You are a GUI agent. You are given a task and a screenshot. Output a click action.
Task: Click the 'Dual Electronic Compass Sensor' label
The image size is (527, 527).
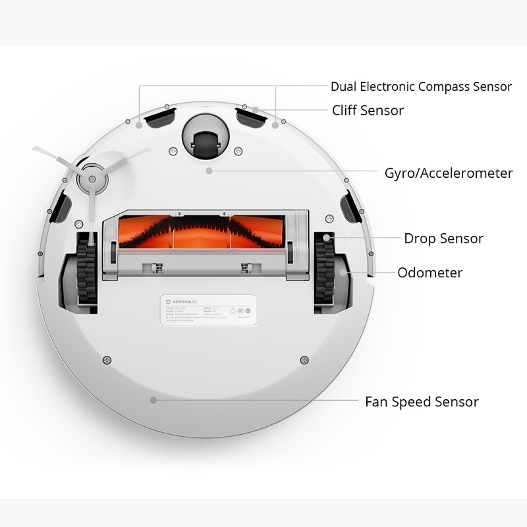(421, 86)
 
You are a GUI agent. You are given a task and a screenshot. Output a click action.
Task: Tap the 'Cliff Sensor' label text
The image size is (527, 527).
(368, 110)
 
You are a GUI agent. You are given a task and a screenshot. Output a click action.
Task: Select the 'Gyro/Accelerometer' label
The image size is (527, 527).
(449, 173)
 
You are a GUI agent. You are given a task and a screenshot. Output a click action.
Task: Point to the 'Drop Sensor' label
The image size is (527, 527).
(443, 238)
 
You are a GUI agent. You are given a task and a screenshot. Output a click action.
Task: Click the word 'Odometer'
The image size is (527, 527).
(430, 273)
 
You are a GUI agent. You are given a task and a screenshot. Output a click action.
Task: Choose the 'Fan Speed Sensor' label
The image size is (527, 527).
(422, 402)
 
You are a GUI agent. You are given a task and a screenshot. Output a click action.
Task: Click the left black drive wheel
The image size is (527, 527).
(85, 271)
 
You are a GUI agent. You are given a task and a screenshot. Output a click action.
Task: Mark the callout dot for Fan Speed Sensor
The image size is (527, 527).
(153, 399)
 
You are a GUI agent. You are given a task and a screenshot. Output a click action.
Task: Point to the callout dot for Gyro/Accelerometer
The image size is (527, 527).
(209, 171)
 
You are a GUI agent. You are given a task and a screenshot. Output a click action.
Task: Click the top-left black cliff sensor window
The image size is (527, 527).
(158, 119)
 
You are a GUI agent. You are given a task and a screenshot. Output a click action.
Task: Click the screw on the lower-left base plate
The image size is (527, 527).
(105, 359)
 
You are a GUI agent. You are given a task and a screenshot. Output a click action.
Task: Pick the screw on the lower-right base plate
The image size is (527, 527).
(304, 359)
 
